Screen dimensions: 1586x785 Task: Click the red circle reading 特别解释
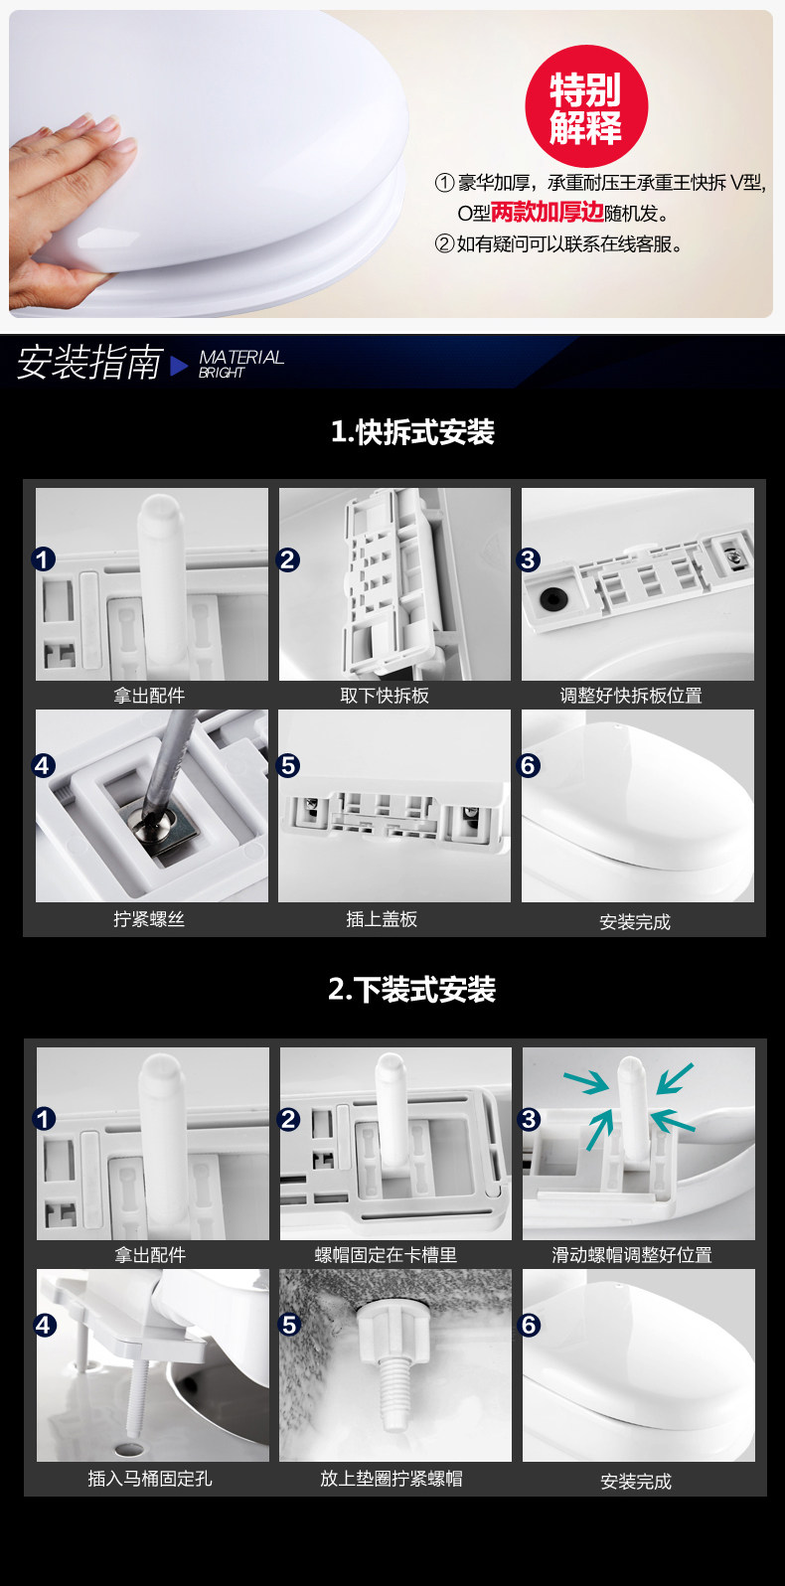click(586, 106)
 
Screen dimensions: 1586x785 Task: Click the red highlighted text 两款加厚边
click(548, 212)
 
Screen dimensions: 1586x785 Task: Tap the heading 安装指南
click(88, 364)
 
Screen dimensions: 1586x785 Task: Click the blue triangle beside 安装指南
click(179, 366)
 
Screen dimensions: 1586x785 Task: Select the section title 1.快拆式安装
click(412, 432)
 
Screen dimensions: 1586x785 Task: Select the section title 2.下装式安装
click(412, 990)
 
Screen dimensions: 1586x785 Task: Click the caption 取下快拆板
click(385, 696)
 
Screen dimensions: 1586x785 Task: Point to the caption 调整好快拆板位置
click(631, 696)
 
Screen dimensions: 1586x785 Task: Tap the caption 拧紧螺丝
click(149, 919)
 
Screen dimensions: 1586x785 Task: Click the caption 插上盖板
click(382, 919)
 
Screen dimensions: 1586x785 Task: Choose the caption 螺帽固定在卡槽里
click(386, 1255)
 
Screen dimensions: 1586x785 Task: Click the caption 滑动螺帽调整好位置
click(632, 1255)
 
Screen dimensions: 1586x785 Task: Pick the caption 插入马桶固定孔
click(150, 1479)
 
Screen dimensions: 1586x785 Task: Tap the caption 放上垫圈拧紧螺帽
click(392, 1479)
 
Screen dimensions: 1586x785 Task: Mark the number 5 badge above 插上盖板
click(289, 765)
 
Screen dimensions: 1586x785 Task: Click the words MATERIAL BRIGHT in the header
click(240, 364)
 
